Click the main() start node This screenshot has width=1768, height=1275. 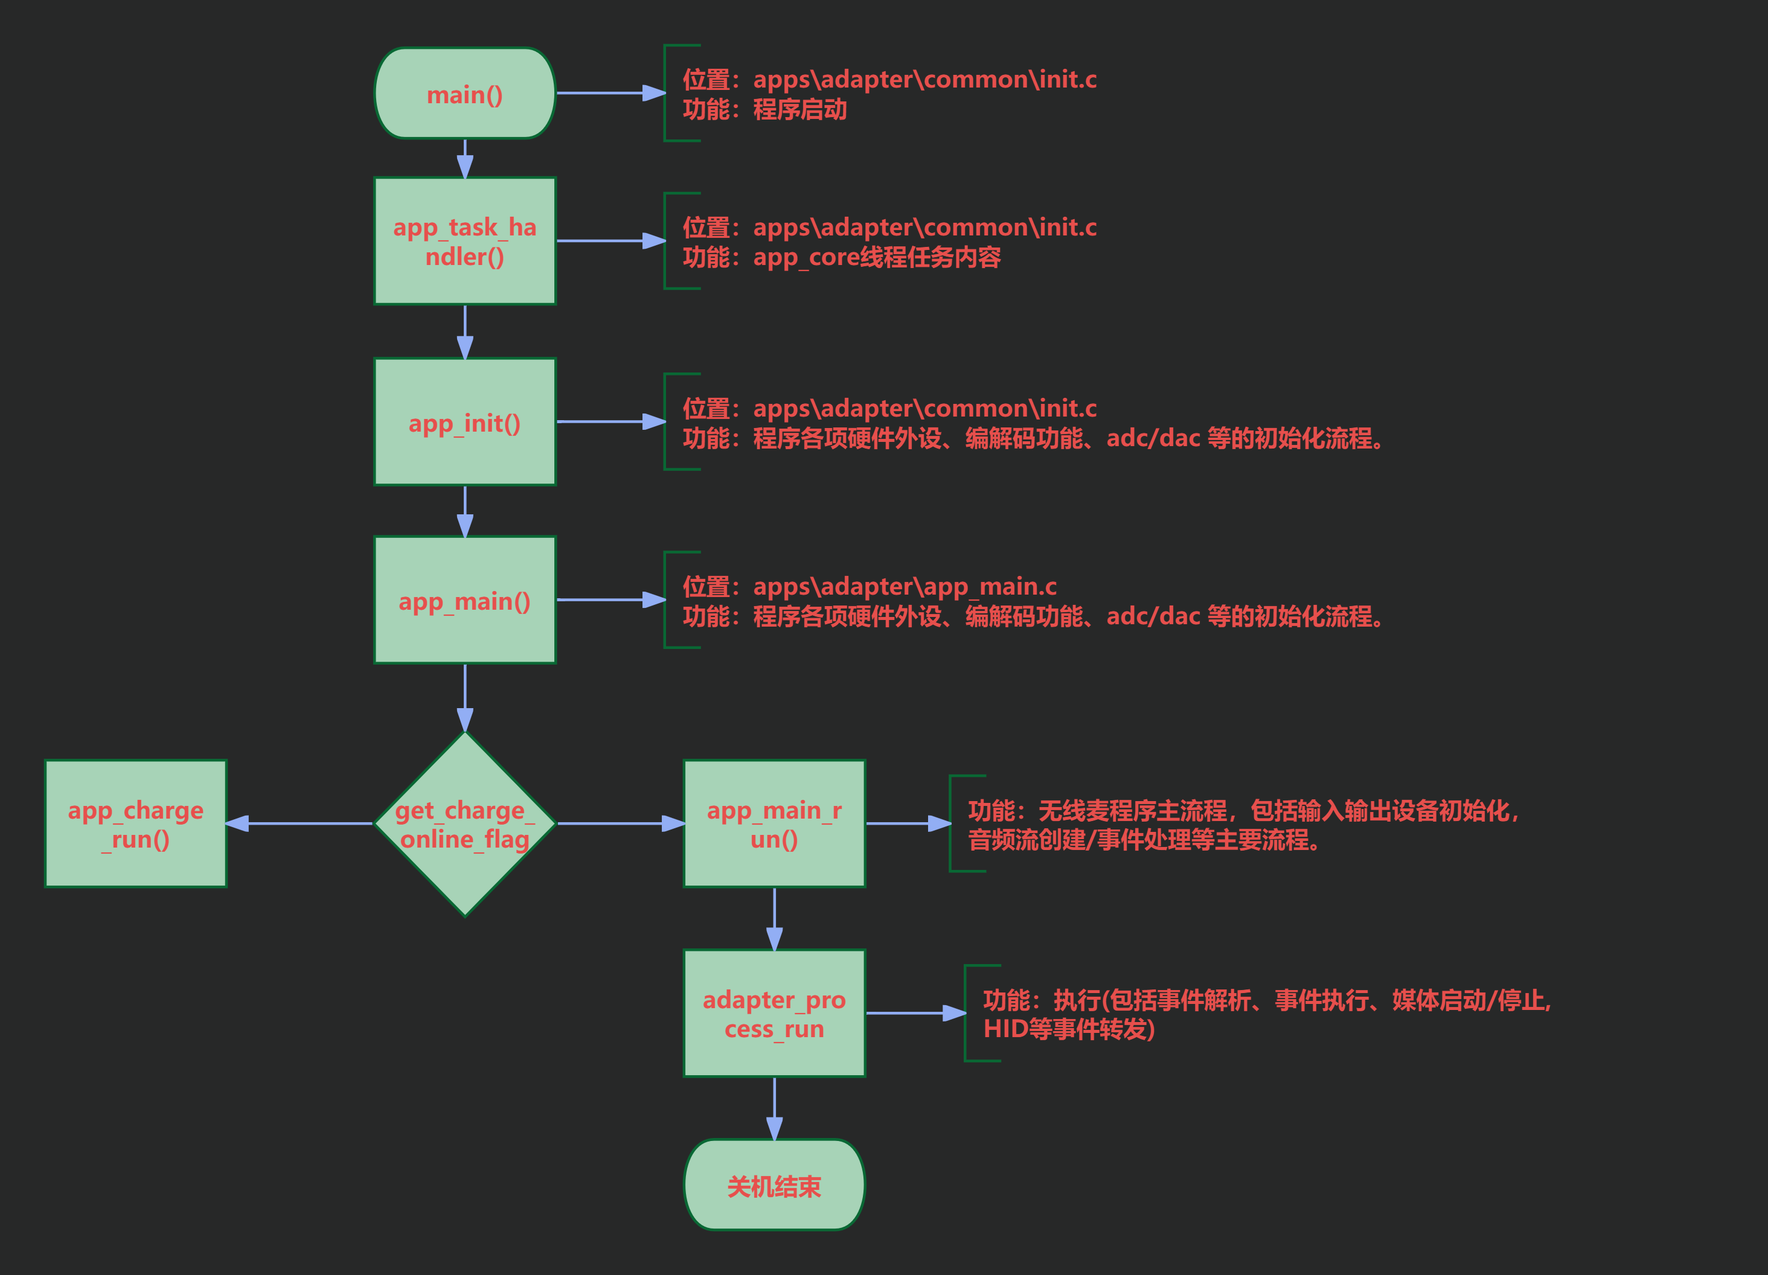464,94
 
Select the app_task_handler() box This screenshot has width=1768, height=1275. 464,241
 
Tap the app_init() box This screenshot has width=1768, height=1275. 464,421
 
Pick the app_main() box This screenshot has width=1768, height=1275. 464,600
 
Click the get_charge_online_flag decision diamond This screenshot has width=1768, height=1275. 464,824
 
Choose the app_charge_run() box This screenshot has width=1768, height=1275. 136,824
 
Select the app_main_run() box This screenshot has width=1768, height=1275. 774,824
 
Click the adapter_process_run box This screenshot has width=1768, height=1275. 774,1013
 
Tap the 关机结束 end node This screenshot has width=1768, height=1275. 774,1186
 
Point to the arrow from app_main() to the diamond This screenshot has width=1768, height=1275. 464,698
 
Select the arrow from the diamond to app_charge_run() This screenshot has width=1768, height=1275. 300,824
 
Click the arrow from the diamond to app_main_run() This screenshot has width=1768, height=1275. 621,824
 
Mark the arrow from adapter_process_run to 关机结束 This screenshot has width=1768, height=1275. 774,1108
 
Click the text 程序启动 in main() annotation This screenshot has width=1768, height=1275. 800,109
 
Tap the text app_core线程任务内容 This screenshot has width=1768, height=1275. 877,257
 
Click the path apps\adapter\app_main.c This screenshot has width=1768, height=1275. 905,586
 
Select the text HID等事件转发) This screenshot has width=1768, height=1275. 1069,1029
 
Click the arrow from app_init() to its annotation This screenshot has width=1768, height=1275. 610,421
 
